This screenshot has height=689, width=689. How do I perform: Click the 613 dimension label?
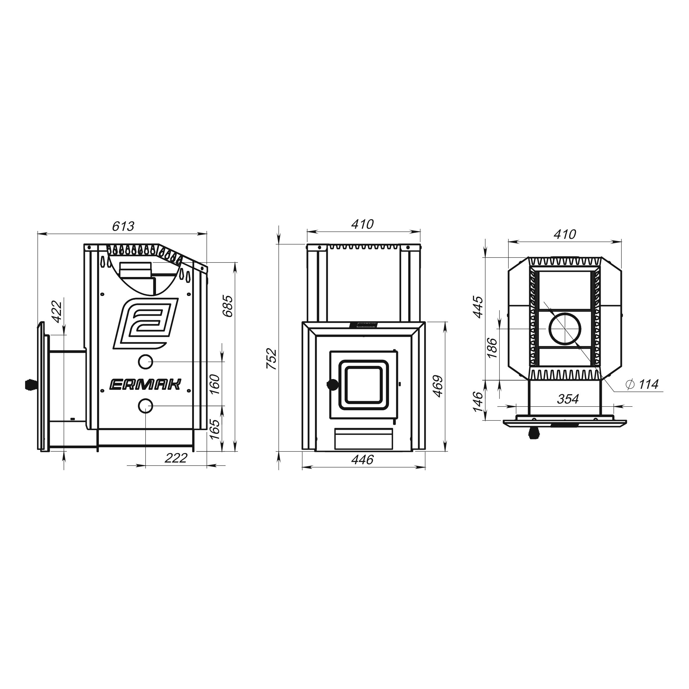123,226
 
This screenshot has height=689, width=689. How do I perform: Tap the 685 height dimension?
228,306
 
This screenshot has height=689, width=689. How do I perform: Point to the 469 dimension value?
438,386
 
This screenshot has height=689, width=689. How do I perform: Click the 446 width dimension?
362,460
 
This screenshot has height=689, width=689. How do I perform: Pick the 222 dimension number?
176,458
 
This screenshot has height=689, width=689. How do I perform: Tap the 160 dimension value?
214,384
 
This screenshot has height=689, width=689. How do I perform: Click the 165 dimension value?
214,430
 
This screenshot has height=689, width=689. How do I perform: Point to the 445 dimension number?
478,307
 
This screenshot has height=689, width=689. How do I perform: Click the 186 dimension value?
492,348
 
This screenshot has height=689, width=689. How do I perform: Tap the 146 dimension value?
478,402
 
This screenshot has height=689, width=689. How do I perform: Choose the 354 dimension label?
568,399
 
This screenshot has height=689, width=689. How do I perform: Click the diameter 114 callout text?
642,384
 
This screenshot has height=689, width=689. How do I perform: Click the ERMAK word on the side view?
145,384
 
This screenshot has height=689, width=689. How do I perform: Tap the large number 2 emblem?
146,323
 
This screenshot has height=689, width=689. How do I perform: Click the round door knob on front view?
333,384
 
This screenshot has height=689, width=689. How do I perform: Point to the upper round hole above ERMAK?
145,362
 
